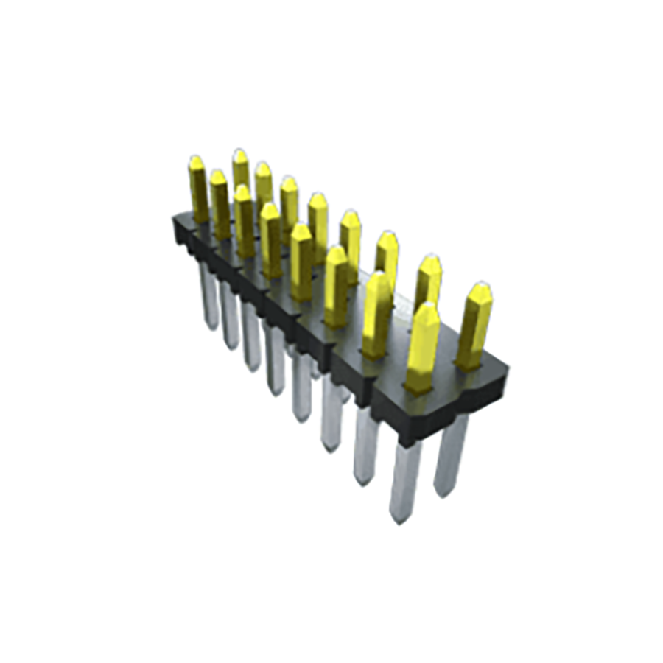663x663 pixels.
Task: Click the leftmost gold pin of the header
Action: point(197,188)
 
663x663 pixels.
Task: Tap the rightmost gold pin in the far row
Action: point(474,324)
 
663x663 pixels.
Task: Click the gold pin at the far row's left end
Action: point(239,168)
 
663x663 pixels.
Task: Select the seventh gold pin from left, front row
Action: point(376,313)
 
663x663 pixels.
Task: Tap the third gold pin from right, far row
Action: point(387,258)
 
